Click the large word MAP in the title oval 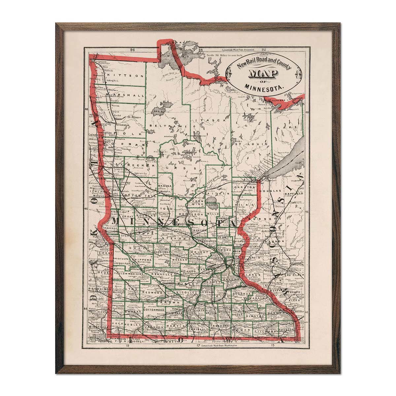pyautogui.click(x=258, y=75)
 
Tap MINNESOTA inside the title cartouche pyautogui.click(x=264, y=88)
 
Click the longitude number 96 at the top pyautogui.click(x=133, y=50)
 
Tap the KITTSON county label pyautogui.click(x=124, y=76)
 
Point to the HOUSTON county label pyautogui.click(x=286, y=329)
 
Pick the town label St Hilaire pyautogui.click(x=134, y=117)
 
